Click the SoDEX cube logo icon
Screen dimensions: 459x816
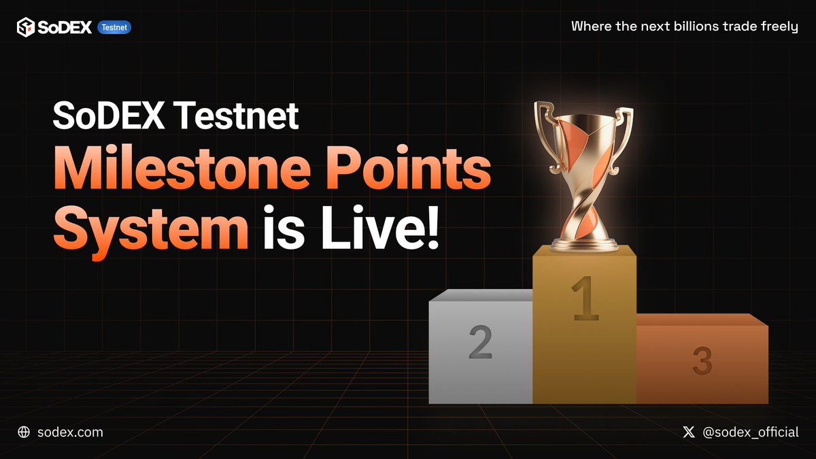tap(26, 27)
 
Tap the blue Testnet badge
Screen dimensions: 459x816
tap(114, 27)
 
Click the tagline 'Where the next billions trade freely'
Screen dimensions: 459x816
tap(684, 27)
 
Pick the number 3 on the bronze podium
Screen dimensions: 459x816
tap(702, 360)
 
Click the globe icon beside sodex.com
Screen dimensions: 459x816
tap(24, 432)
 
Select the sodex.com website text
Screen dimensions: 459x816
tap(71, 432)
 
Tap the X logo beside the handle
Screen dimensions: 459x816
tap(689, 432)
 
